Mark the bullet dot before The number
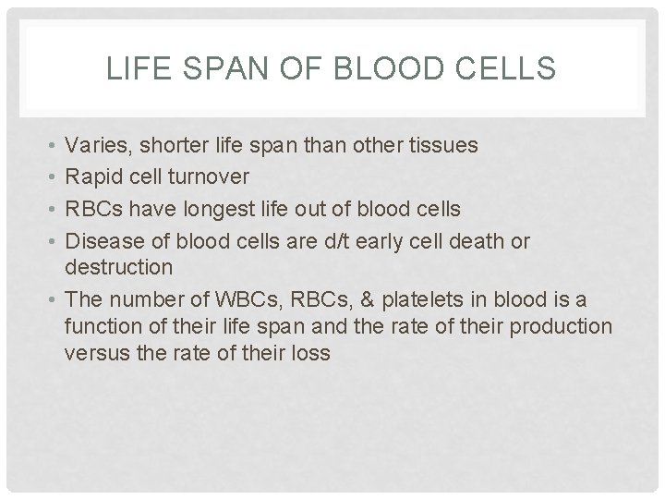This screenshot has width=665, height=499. point(46,301)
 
